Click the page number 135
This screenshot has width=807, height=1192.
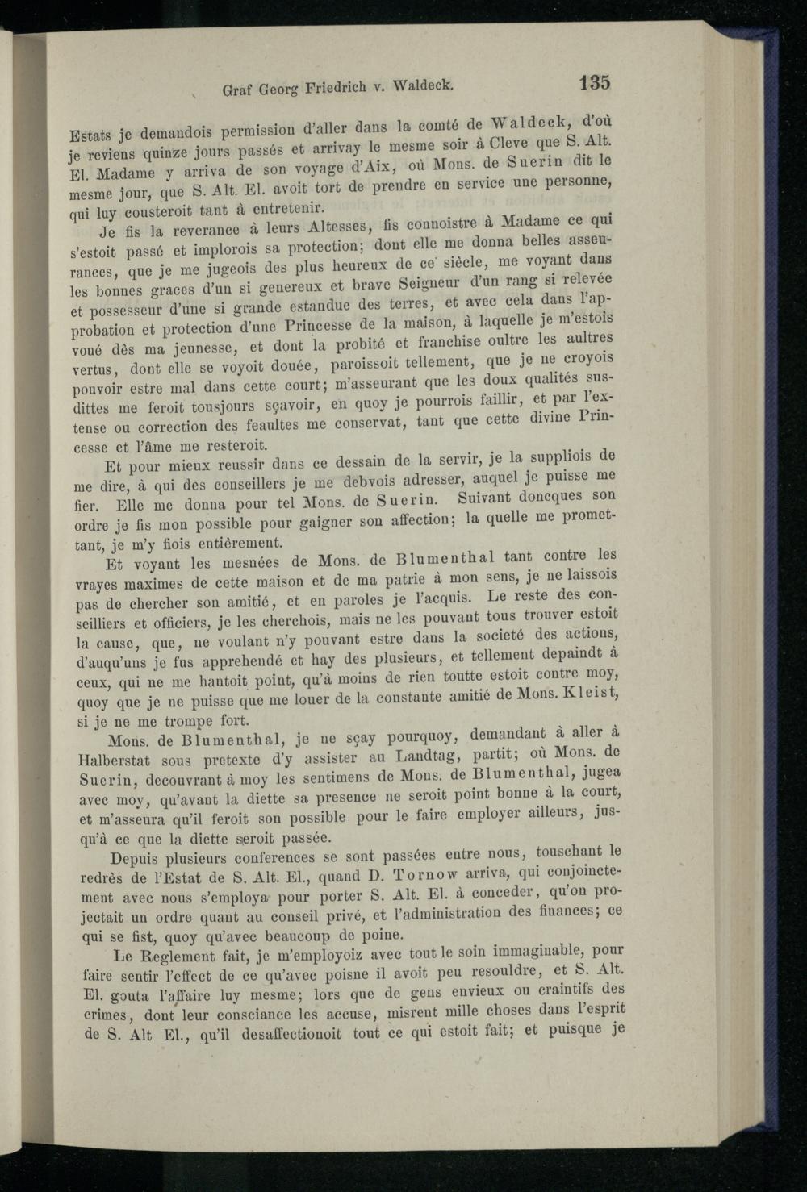(x=594, y=83)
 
